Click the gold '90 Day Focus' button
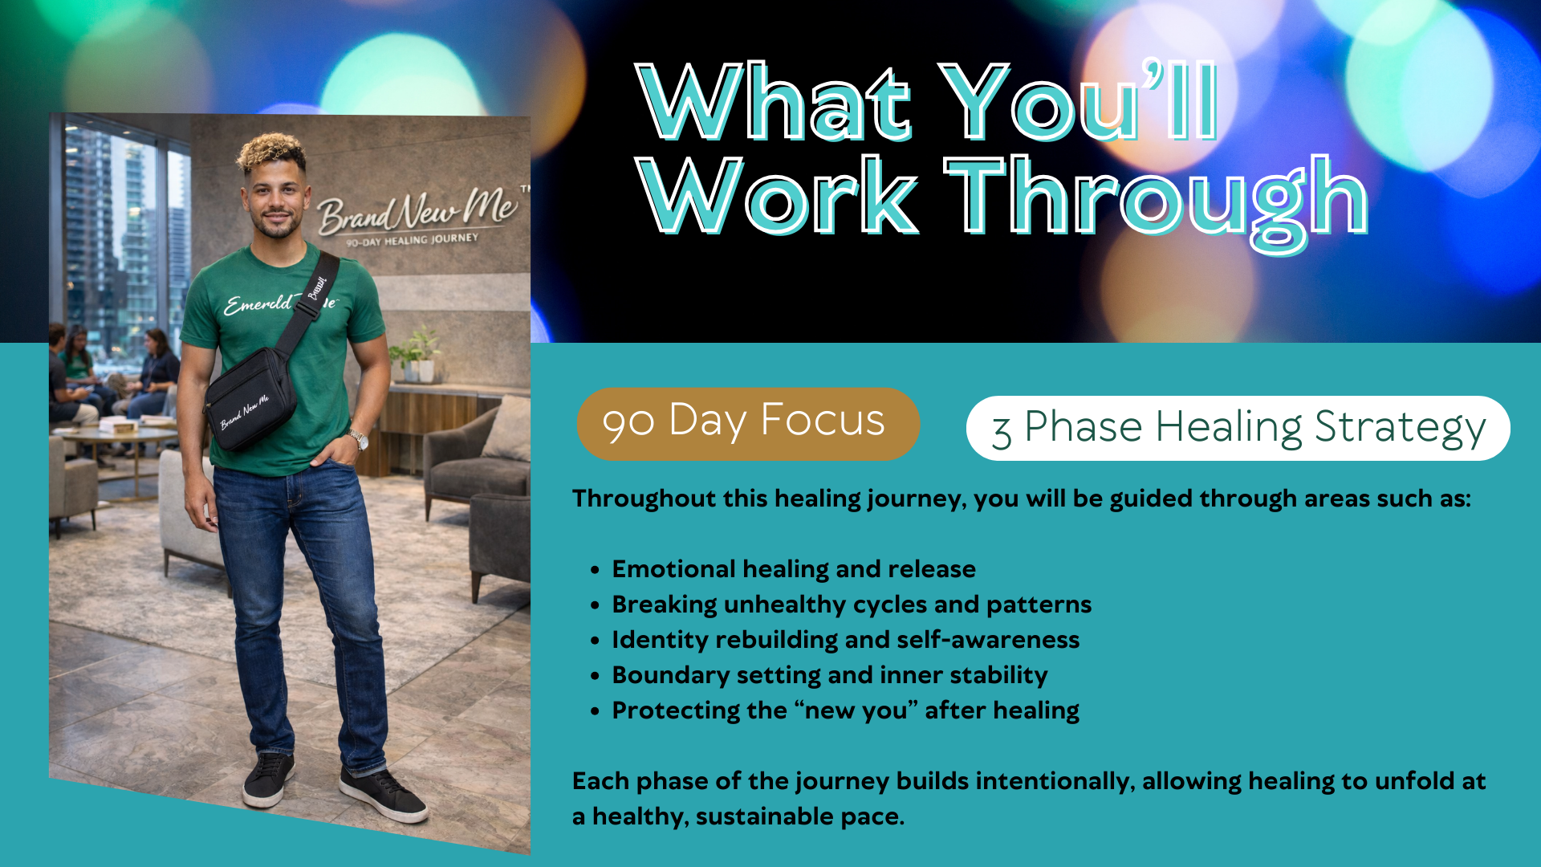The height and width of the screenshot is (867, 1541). pos(748,423)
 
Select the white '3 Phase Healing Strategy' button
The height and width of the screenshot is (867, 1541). pos(1238,428)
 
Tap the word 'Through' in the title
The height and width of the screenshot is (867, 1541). pos(1157,201)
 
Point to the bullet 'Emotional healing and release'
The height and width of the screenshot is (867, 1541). pos(794,569)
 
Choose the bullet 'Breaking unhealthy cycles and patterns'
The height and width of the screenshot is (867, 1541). pos(852,604)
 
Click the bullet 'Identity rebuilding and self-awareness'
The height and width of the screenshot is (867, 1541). pos(846,640)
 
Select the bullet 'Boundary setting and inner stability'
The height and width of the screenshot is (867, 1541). pos(830,675)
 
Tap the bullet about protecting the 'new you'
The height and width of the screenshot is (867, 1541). pos(845,710)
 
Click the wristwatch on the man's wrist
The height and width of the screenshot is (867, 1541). pos(359,439)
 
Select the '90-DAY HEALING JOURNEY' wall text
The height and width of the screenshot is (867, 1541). pos(412,240)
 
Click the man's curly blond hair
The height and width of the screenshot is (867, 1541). pos(270,152)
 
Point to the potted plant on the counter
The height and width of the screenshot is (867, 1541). pos(418,354)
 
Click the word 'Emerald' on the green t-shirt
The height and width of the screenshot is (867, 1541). pos(258,304)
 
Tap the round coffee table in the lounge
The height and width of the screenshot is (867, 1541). pos(120,438)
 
